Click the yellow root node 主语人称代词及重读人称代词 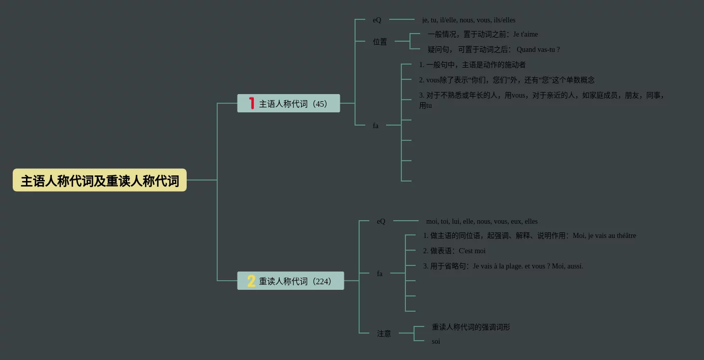100,181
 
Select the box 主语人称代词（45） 288,104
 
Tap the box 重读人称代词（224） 290,281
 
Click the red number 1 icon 251,103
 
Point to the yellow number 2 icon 251,281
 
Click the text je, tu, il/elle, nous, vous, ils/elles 468,20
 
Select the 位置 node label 380,42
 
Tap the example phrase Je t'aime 525,35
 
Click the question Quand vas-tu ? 538,50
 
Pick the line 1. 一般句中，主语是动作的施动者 473,65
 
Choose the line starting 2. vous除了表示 507,80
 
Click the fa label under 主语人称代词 375,126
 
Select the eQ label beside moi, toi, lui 381,221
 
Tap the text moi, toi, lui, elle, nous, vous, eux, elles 482,222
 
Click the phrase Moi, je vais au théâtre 604,236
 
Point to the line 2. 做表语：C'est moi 454,251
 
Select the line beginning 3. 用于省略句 503,266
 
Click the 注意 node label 384,334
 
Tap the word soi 436,342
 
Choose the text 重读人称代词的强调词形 471,327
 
